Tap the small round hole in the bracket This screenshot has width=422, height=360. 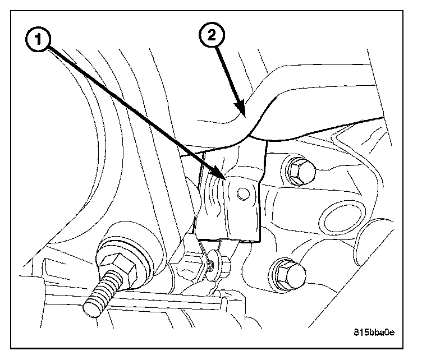pos(242,194)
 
